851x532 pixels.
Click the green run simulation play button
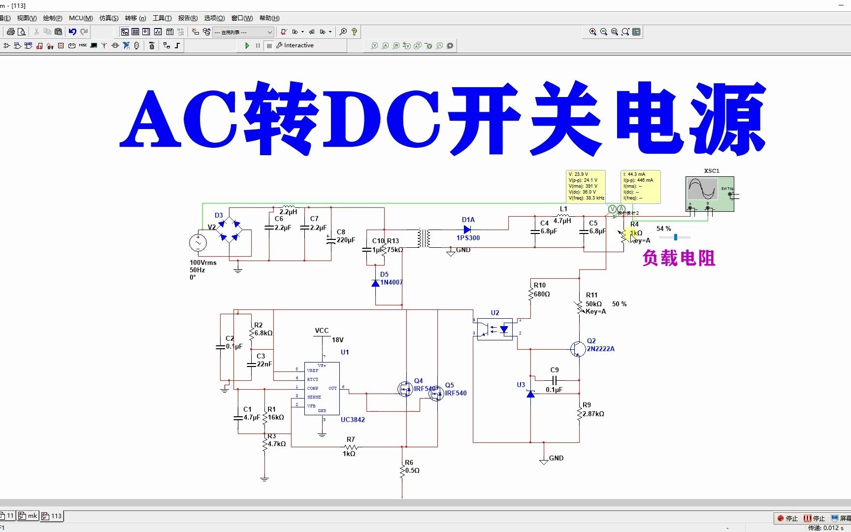247,46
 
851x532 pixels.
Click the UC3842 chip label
353,420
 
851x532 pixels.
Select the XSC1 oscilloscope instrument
710,194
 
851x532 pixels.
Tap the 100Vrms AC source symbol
198,242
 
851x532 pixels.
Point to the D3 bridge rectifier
230,231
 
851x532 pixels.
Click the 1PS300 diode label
468,238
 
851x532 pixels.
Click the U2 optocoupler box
495,329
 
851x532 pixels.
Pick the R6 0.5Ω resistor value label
412,470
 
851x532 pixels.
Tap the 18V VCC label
338,340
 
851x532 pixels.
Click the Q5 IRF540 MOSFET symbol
436,393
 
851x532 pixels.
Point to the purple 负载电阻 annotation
679,258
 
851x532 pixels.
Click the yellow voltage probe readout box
586,186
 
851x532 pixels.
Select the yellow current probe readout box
640,186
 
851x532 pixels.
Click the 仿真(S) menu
108,18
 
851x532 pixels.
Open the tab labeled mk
29,516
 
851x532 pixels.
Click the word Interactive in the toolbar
298,45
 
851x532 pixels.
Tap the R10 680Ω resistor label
542,294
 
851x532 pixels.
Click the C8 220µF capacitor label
345,240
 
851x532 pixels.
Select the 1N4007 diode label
392,282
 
